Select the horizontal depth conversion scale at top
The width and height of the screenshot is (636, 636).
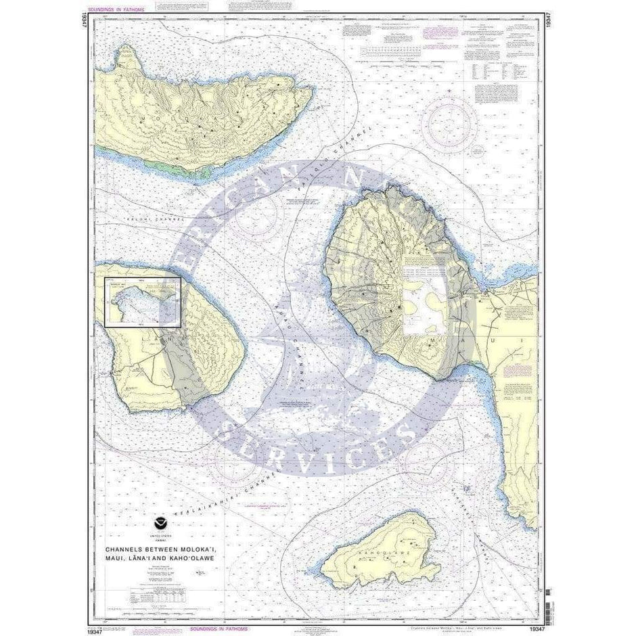[392, 51]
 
